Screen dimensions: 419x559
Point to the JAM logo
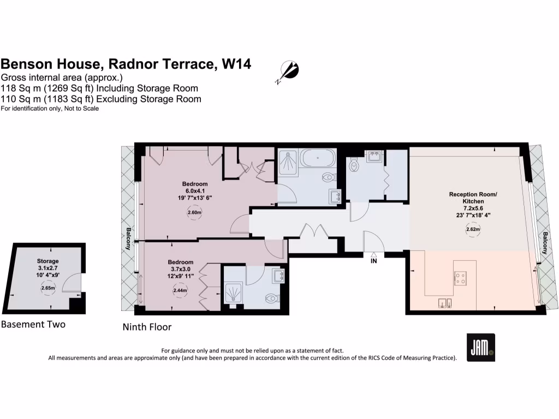[481, 348]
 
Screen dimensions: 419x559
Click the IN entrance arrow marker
[373, 255]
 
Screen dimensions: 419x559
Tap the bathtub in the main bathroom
[318, 160]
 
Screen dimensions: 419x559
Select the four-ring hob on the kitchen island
[460, 279]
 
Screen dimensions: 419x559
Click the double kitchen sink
[445, 303]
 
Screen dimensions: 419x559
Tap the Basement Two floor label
[33, 325]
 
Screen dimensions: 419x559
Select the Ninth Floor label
[147, 327]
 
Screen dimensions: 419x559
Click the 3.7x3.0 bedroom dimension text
[180, 270]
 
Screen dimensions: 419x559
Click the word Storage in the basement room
[47, 261]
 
